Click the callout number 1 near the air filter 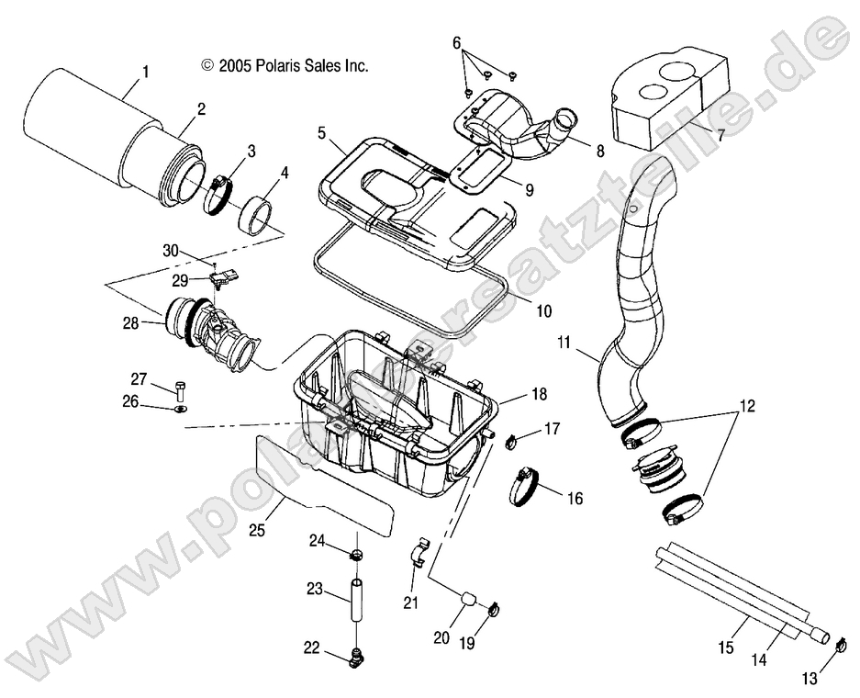[x=144, y=70]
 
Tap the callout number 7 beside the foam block [x=721, y=136]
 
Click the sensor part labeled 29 [x=225, y=276]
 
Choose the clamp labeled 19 [x=493, y=608]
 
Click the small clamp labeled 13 [x=837, y=646]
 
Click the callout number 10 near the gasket [x=543, y=311]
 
